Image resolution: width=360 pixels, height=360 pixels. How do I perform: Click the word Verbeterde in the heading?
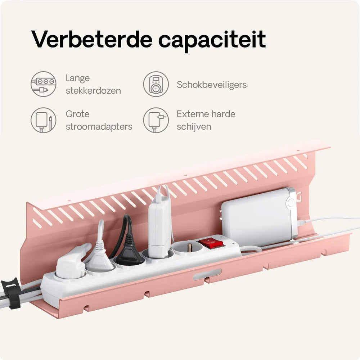(x=92, y=39)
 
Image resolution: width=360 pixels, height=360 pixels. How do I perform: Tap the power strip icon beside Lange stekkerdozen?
(x=44, y=84)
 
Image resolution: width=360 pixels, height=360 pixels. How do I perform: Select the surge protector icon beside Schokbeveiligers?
(x=156, y=84)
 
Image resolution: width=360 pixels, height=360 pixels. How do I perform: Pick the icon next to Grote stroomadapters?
(x=44, y=120)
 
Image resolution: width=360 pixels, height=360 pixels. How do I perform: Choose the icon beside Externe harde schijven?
(x=156, y=120)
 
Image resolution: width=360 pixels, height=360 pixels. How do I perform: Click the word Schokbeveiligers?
(x=212, y=85)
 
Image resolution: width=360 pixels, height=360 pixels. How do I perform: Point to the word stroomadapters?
(x=99, y=127)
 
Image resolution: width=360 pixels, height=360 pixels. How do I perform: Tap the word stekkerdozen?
(x=93, y=91)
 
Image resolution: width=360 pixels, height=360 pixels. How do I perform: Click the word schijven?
(x=194, y=127)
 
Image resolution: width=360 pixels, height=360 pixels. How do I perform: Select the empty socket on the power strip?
(x=187, y=248)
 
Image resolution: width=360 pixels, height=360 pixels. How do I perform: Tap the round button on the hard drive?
(x=291, y=203)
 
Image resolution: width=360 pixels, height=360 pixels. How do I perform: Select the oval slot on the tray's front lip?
(x=207, y=274)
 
